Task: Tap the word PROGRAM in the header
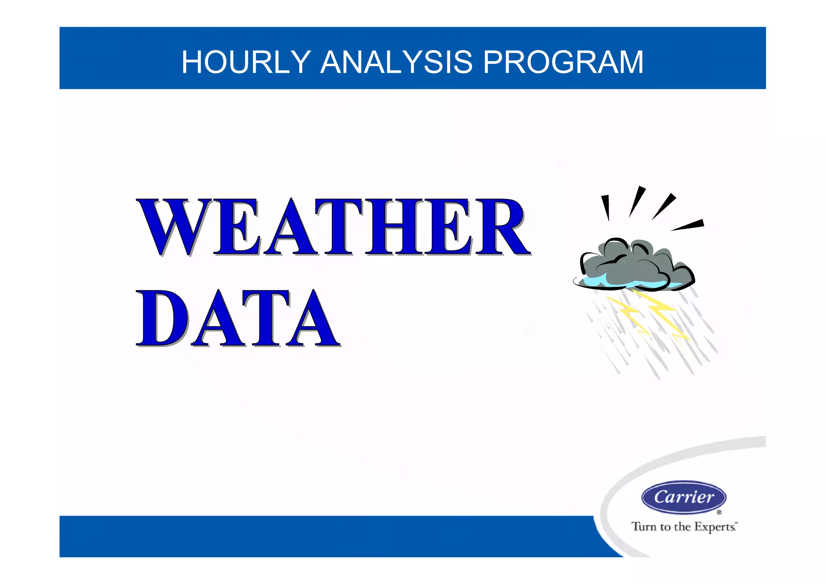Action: pyautogui.click(x=563, y=62)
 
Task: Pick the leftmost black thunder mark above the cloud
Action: pyautogui.click(x=606, y=207)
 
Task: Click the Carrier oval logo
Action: pyautogui.click(x=684, y=497)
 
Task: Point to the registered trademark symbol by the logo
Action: pyautogui.click(x=719, y=513)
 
